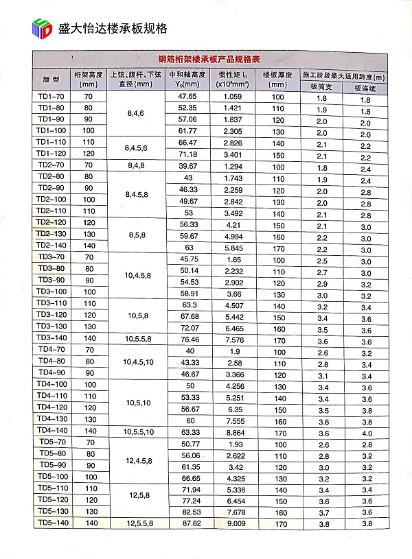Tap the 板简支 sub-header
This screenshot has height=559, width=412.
(321, 88)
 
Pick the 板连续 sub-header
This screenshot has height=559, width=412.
(366, 88)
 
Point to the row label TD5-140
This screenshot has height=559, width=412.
(52, 523)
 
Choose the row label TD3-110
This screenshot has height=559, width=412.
(52, 303)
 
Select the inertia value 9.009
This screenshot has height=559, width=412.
(233, 523)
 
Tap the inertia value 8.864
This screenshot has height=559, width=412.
(233, 431)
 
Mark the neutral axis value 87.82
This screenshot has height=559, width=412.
(187, 523)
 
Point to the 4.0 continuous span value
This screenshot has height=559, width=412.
(366, 432)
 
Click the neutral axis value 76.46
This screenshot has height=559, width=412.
(187, 338)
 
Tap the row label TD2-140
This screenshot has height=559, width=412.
(52, 246)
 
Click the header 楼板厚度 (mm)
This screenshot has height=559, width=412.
(277, 78)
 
